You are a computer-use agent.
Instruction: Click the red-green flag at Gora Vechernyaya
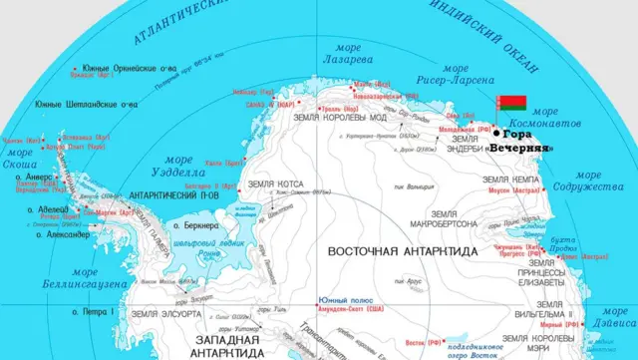[x=510, y=104]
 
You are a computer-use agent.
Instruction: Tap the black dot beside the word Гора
[x=496, y=133]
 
